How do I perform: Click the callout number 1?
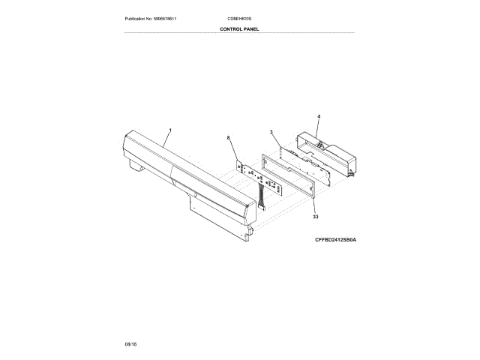pos(170,130)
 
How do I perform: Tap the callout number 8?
pos(229,138)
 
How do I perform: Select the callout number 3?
pos(270,133)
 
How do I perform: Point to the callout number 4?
pos(318,117)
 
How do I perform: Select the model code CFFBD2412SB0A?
pos(336,241)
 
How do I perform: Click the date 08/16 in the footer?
pos(131,343)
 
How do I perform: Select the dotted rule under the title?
pos(239,33)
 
